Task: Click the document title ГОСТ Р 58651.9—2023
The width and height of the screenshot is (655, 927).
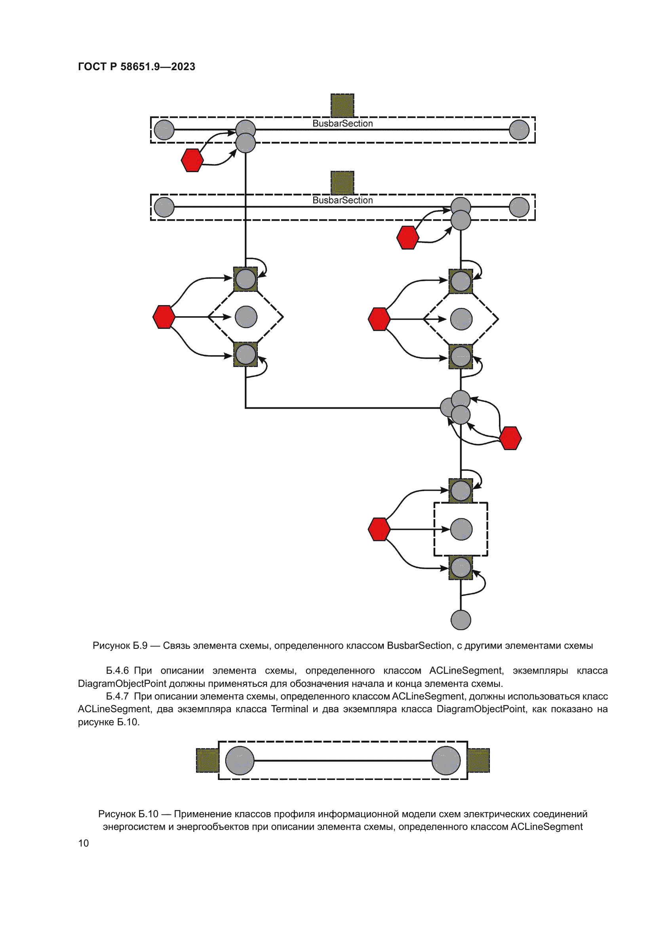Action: pyautogui.click(x=136, y=67)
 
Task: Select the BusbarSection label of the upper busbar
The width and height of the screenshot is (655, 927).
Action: pyautogui.click(x=343, y=124)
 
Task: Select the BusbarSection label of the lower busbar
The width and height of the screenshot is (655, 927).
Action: pyautogui.click(x=343, y=200)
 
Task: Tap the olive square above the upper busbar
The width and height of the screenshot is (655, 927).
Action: pyautogui.click(x=343, y=105)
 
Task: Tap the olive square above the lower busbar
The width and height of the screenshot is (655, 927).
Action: pyautogui.click(x=343, y=182)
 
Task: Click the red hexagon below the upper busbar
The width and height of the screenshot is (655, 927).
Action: pyautogui.click(x=192, y=160)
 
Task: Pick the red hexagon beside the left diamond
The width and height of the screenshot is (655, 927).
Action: pyautogui.click(x=164, y=317)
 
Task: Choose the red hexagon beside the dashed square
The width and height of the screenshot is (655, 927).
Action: pyautogui.click(x=379, y=529)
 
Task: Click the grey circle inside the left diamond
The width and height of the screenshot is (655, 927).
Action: pyautogui.click(x=246, y=317)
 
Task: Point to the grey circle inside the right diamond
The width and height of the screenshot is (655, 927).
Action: pyautogui.click(x=461, y=319)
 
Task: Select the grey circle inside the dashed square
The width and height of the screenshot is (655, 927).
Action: pyautogui.click(x=461, y=529)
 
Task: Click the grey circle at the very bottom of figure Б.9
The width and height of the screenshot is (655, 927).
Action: pyautogui.click(x=461, y=620)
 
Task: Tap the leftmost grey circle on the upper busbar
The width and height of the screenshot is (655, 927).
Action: pyautogui.click(x=164, y=130)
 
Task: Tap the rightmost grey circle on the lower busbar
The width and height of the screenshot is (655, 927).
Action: pyautogui.click(x=519, y=207)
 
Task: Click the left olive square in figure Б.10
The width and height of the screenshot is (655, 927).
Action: pyautogui.click(x=207, y=760)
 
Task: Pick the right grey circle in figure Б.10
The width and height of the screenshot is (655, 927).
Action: pyautogui.click(x=446, y=761)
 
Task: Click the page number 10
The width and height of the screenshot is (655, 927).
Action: pyautogui.click(x=84, y=843)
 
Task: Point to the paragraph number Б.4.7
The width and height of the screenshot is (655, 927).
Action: pyautogui.click(x=117, y=696)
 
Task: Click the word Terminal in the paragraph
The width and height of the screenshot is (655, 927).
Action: pyautogui.click(x=289, y=709)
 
